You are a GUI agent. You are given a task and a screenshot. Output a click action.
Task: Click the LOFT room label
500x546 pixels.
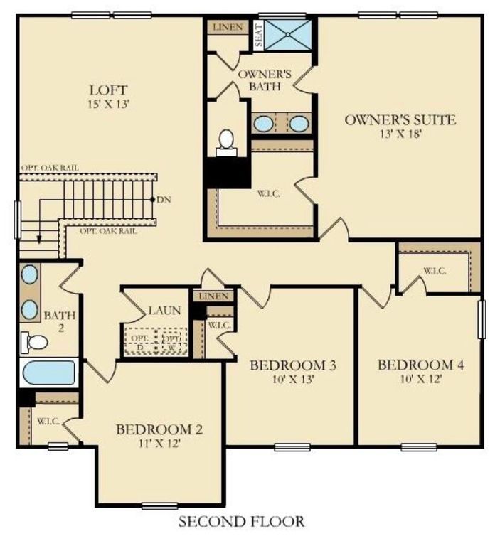point(108,90)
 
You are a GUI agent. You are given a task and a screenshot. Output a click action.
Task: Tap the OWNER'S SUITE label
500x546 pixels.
point(400,119)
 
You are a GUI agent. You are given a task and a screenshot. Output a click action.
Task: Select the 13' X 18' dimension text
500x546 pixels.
point(400,134)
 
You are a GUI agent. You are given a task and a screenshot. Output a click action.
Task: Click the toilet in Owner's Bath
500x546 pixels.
point(227,140)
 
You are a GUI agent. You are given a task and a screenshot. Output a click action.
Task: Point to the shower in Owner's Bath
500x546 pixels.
point(289,33)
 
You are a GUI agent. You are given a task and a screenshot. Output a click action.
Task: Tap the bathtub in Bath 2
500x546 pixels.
point(48,373)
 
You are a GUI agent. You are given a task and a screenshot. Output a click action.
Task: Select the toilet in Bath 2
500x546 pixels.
point(34,342)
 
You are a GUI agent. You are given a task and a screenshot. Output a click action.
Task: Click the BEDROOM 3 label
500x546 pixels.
point(292,365)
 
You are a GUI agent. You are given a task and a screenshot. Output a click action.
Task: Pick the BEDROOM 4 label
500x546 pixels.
point(420,365)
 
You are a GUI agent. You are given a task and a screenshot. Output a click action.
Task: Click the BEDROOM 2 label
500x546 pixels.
point(159,429)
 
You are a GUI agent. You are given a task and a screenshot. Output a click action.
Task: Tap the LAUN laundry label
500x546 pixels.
point(164,311)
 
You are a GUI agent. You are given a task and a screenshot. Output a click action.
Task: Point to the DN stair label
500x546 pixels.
point(163,199)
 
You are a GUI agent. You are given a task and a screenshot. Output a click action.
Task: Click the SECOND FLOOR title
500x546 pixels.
point(241,523)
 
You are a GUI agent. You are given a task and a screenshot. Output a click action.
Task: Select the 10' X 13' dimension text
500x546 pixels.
point(292,380)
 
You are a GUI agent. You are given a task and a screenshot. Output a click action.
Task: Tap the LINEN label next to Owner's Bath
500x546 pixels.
point(228,28)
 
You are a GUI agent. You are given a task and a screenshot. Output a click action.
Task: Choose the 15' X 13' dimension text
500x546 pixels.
point(108,105)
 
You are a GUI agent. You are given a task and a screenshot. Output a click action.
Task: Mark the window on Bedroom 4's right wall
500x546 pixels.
point(482,320)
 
